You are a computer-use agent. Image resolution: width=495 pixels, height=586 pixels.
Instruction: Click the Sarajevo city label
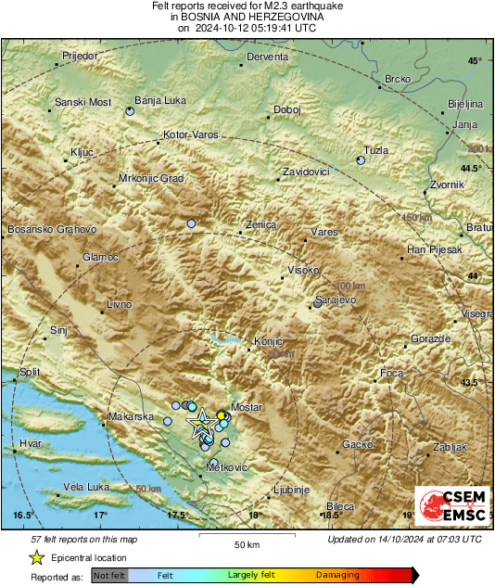coord(336,300)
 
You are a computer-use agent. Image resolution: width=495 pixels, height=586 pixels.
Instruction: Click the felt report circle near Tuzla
coord(361,160)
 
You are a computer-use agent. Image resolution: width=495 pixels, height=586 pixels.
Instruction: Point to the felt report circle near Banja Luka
coord(130,111)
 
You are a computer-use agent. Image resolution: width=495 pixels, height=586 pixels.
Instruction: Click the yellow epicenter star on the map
coord(201,425)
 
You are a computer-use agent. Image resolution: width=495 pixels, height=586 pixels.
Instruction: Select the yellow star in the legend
coord(36,558)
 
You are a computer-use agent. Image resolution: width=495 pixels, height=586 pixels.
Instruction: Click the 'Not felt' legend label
coord(109,576)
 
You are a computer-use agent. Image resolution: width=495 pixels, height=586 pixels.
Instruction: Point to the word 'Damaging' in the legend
coord(336,576)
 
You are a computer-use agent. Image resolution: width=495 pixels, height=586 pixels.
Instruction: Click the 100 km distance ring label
coord(349,286)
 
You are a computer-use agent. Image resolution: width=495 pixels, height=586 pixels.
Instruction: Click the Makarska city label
coord(131,417)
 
